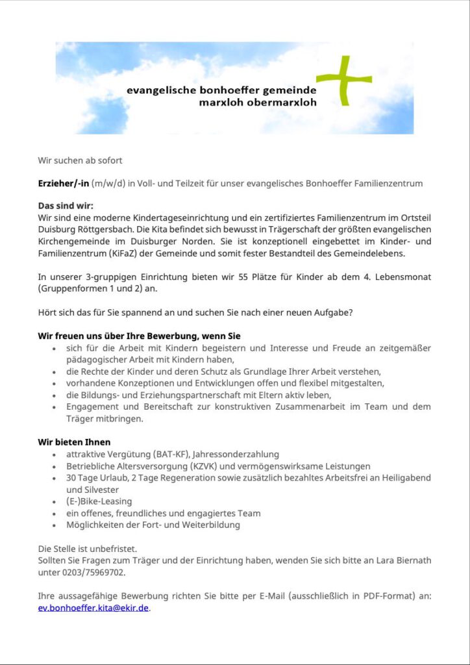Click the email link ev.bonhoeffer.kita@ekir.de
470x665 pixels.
click(93, 608)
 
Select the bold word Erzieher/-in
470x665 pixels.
click(63, 183)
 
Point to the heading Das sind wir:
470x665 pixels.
click(66, 206)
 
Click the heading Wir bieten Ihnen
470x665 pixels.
click(74, 442)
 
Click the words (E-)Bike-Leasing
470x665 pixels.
click(99, 501)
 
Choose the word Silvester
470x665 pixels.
click(88, 490)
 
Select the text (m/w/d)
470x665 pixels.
click(108, 183)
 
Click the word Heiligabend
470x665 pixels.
click(402, 477)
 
